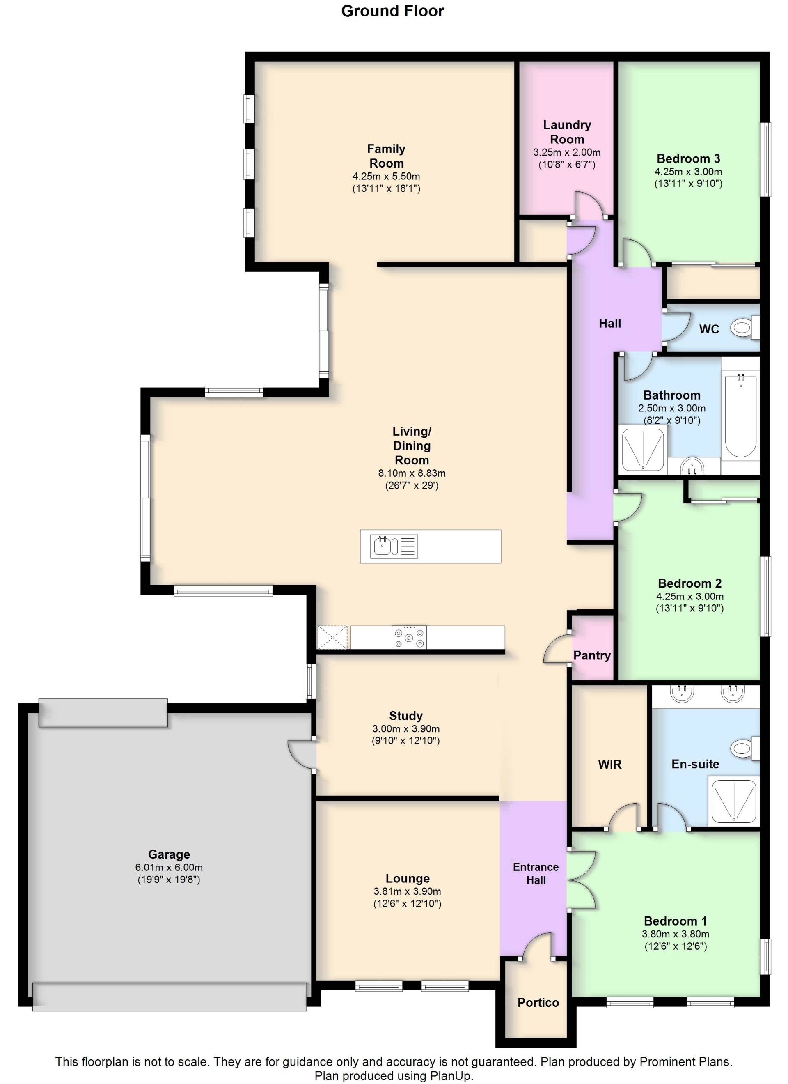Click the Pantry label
[592, 655]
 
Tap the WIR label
[610, 764]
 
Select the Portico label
[538, 1002]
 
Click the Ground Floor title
[393, 11]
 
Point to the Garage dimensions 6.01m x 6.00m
[169, 868]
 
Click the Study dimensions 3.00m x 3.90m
[406, 729]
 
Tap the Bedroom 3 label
[688, 158]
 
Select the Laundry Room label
[567, 132]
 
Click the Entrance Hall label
[536, 873]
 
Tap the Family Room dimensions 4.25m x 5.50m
[386, 177]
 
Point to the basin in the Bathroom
[692, 465]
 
